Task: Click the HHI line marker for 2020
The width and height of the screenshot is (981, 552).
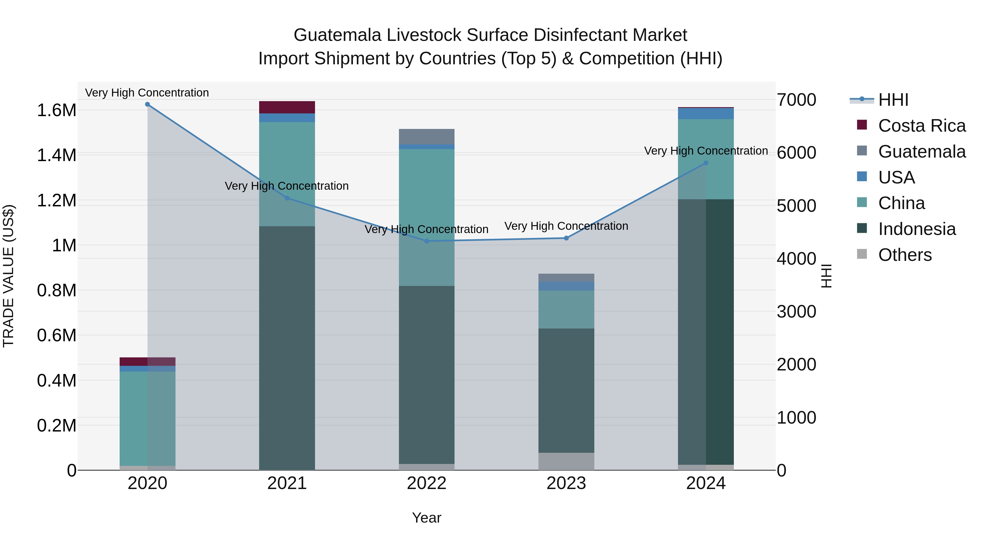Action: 147,104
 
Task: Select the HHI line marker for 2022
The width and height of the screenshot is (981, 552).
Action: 426,241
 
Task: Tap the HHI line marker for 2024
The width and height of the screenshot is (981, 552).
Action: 706,163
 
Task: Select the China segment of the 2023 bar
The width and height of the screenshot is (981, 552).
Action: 566,309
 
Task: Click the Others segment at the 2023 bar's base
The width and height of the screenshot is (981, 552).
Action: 566,461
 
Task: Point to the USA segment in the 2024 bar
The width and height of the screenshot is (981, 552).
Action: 706,113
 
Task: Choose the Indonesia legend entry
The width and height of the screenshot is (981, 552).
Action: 917,229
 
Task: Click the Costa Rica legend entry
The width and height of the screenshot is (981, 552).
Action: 922,126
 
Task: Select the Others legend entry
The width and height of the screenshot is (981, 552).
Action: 904,255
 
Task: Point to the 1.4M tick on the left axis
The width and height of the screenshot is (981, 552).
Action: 57,155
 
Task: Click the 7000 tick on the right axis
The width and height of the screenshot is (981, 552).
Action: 796,100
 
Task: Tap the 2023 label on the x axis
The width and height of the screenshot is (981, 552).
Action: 566,483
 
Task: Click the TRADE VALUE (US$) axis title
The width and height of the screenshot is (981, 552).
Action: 9,276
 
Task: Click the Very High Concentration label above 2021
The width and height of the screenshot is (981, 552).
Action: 287,186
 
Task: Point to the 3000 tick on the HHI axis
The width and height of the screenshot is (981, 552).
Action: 796,312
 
